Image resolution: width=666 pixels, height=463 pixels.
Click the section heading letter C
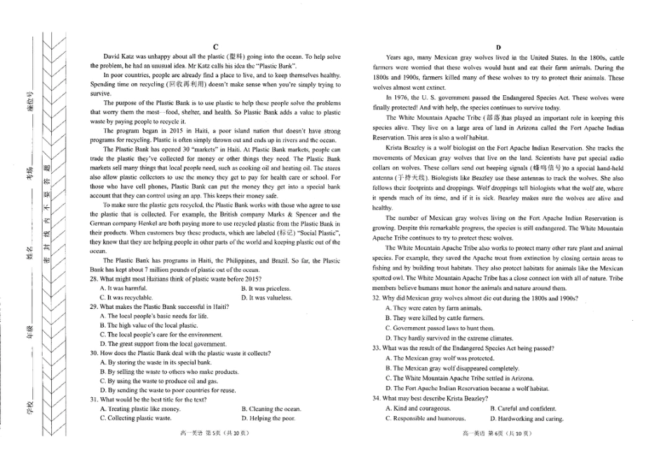tap(215, 47)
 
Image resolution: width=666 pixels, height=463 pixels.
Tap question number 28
tap(94, 279)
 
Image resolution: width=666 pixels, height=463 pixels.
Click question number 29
tap(94, 307)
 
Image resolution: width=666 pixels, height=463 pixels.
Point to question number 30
tap(94, 353)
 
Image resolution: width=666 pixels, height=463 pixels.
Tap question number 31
tap(94, 399)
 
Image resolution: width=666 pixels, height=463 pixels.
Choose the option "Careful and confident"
tap(523, 408)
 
